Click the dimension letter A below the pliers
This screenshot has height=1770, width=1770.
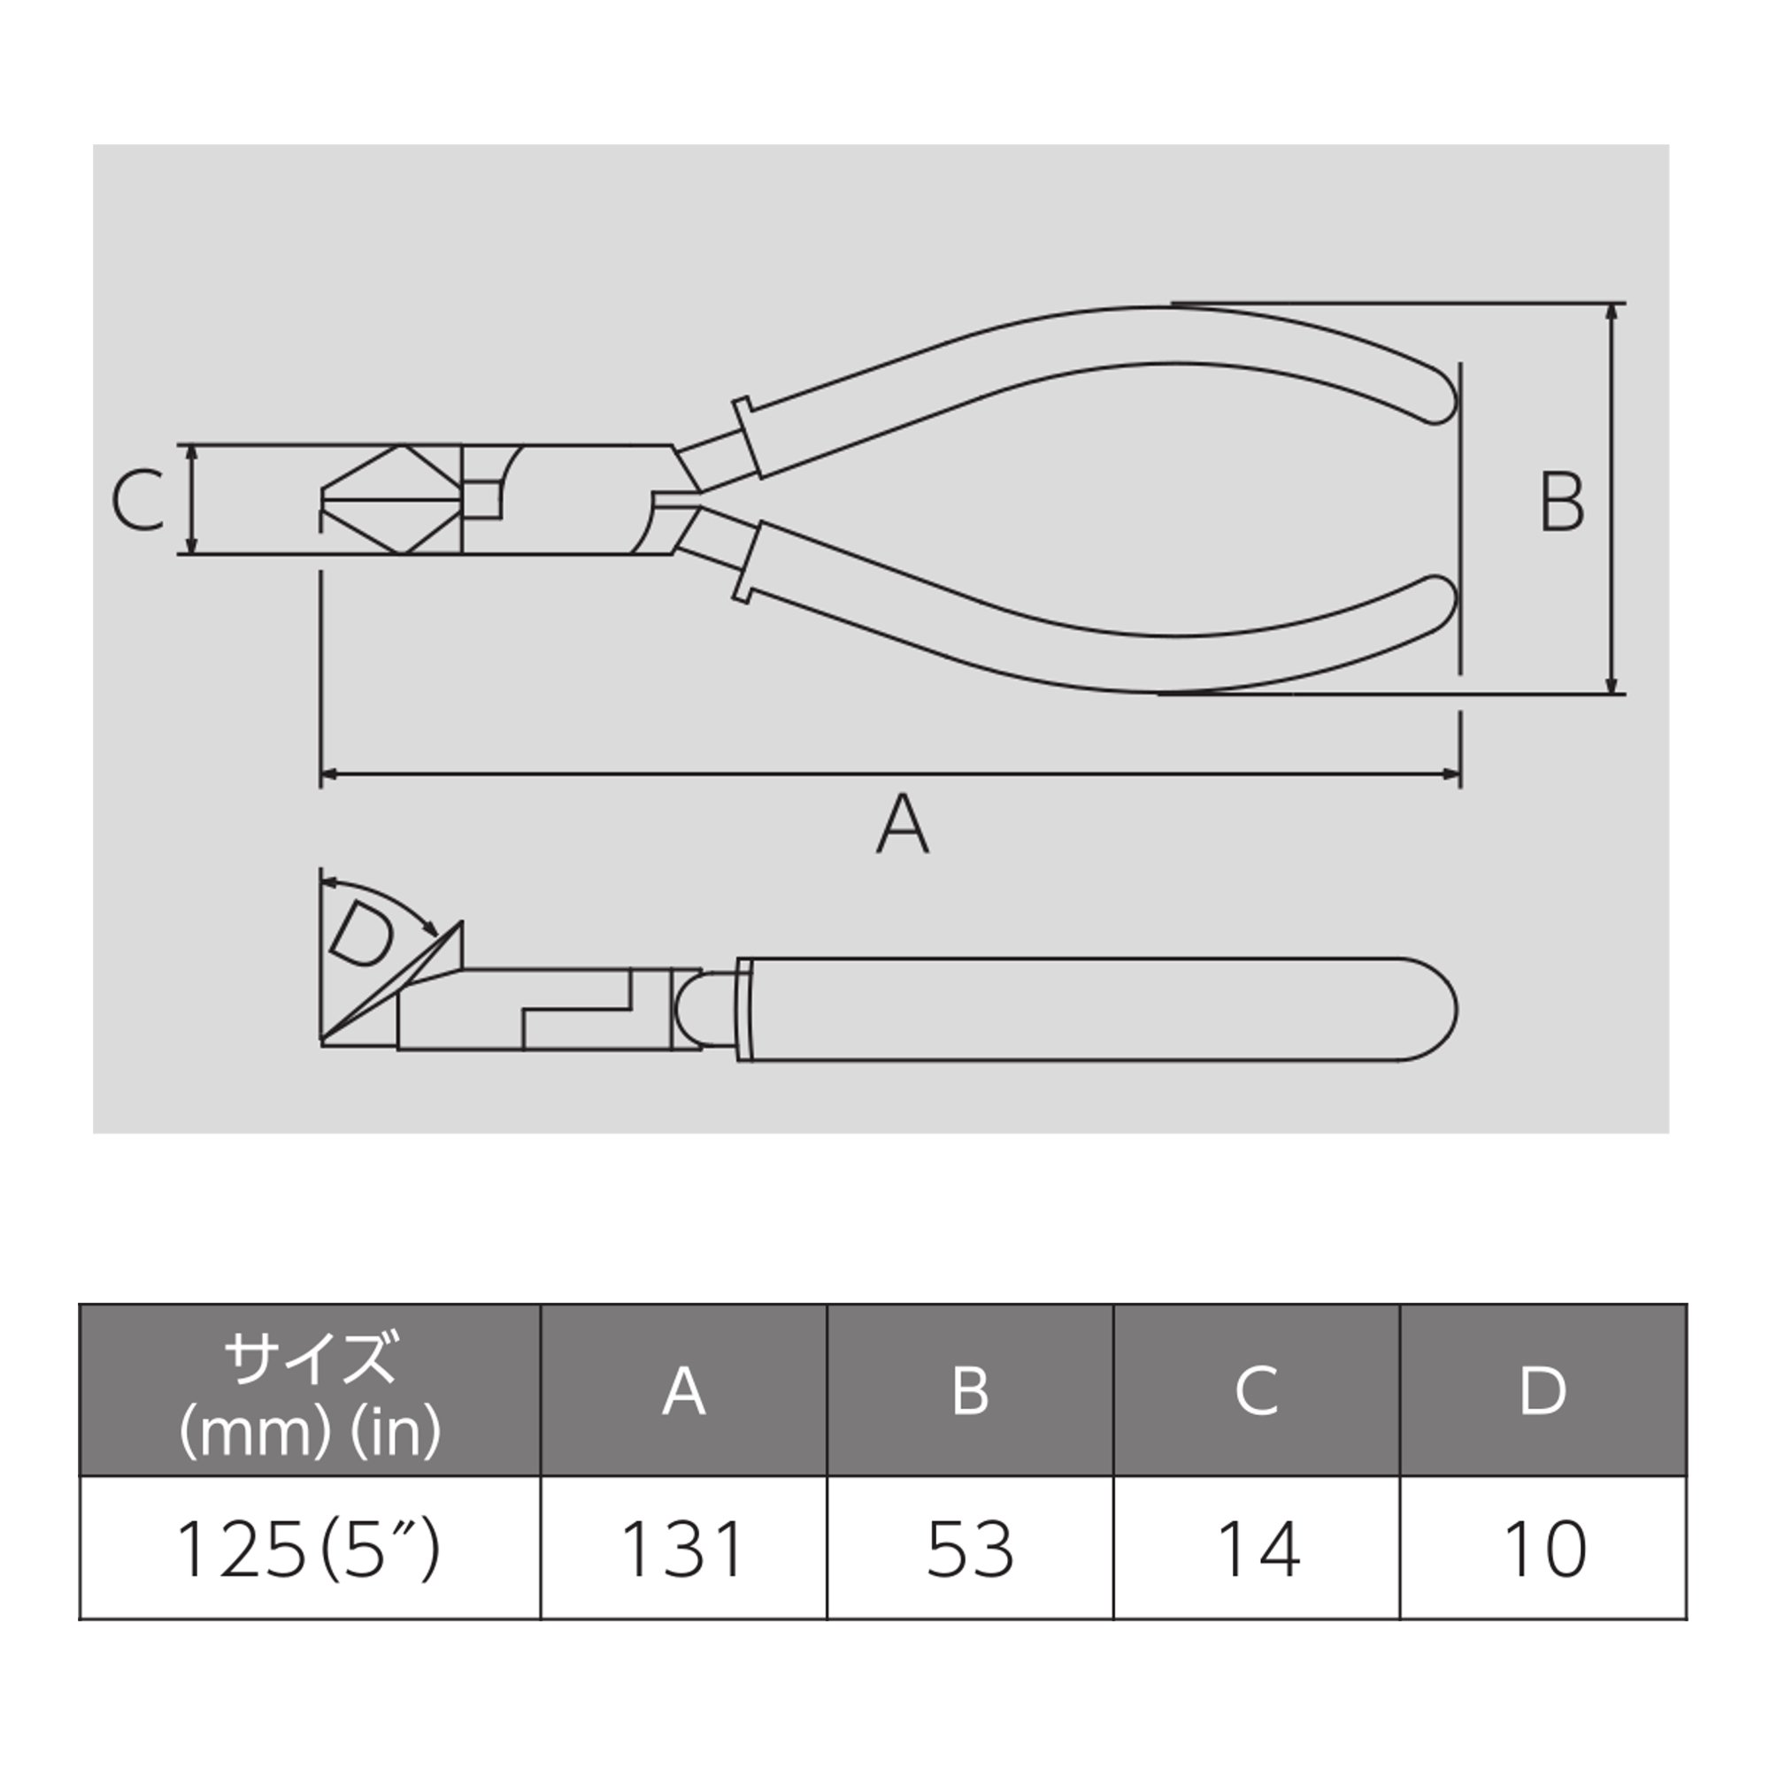click(x=903, y=824)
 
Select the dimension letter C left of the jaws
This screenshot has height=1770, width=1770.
click(x=138, y=501)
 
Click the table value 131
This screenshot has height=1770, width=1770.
click(x=682, y=1550)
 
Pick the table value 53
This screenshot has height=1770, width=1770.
click(x=970, y=1550)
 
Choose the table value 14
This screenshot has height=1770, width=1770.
click(x=1257, y=1550)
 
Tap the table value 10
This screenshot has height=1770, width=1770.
click(x=1543, y=1550)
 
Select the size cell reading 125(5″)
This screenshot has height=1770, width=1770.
click(x=309, y=1550)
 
